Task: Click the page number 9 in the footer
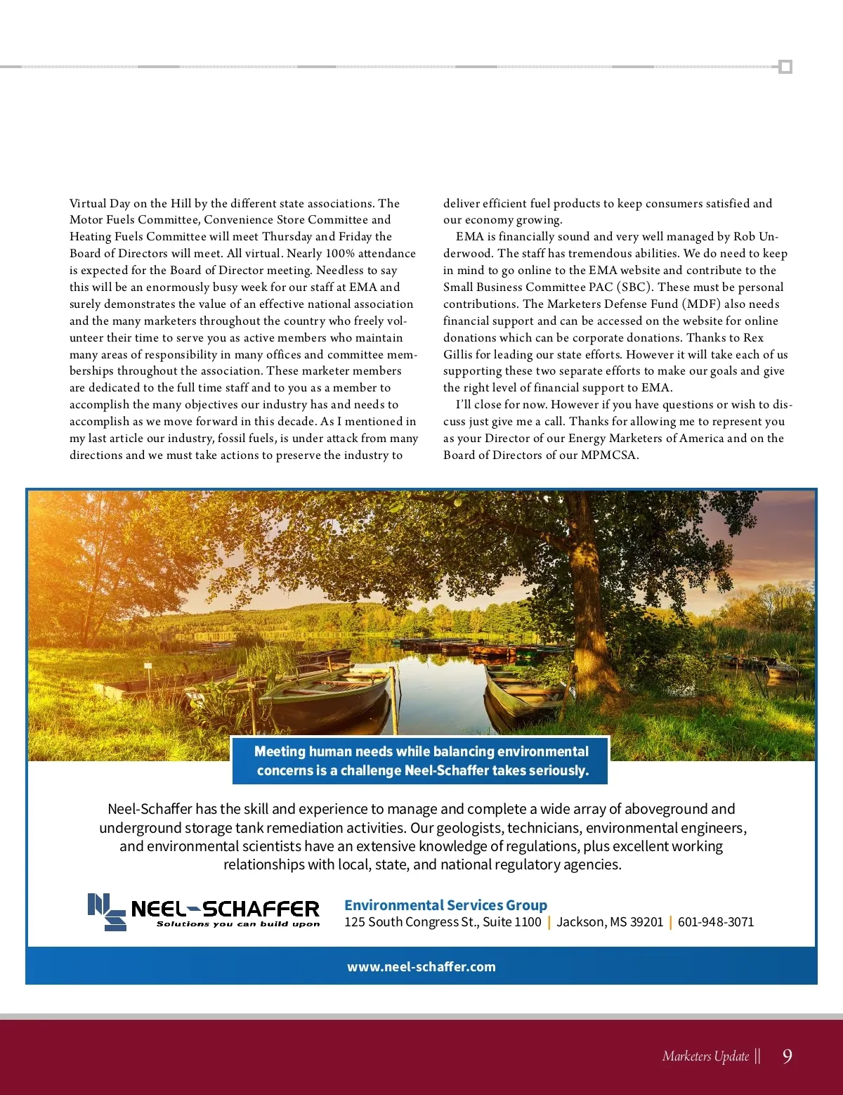[787, 1056]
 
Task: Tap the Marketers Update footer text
[705, 1056]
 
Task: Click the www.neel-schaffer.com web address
[421, 966]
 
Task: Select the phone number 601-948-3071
[716, 921]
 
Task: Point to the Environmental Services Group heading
[445, 905]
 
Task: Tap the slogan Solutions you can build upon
[238, 924]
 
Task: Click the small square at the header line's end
[786, 67]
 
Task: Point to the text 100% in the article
[341, 253]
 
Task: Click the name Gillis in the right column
[460, 354]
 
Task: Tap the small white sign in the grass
[148, 665]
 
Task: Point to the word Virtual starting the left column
[90, 203]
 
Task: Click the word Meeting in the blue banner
[280, 751]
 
